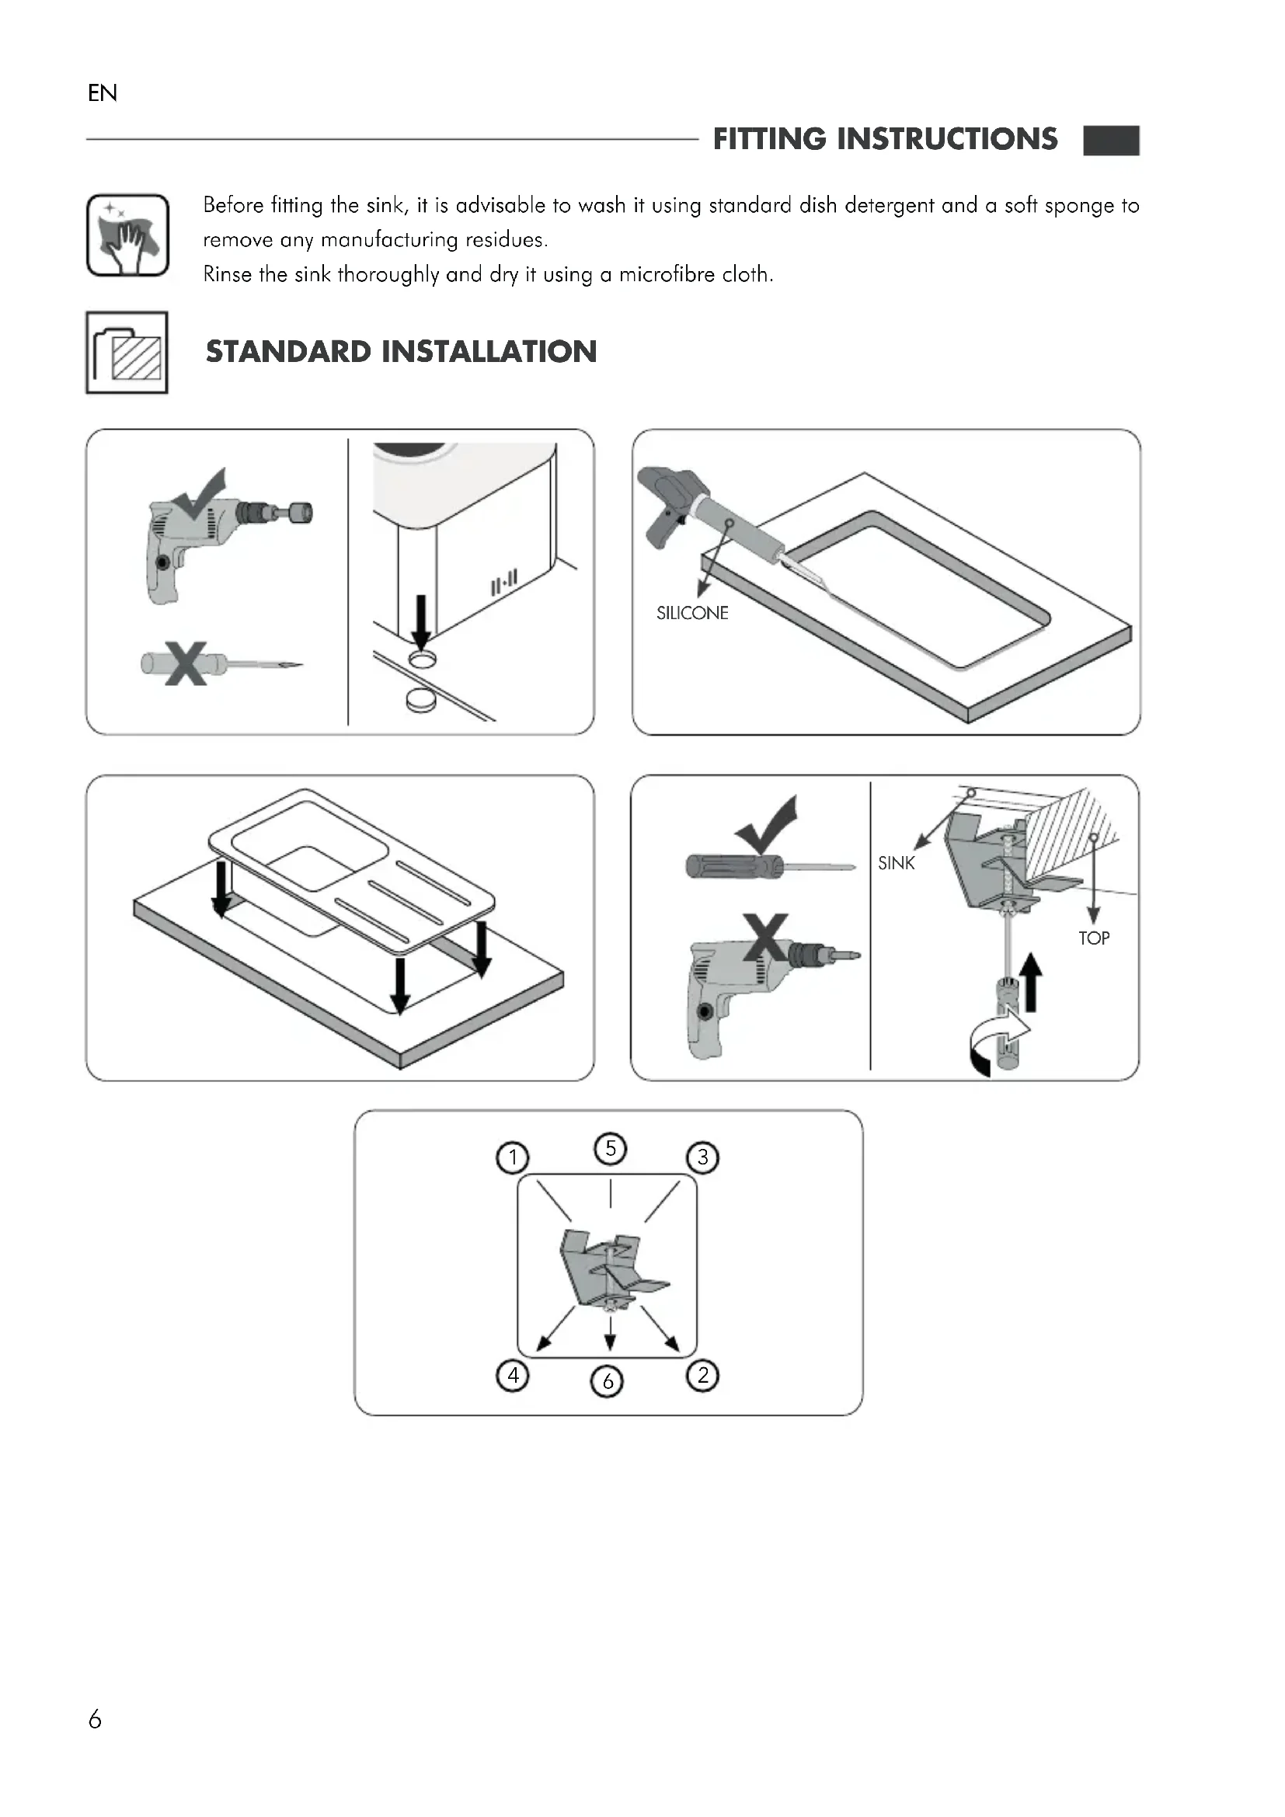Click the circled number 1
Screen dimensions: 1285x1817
pos(513,1157)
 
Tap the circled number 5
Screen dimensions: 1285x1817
pos(610,1148)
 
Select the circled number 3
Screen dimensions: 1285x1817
pos(702,1157)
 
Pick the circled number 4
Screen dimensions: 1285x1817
pos(513,1375)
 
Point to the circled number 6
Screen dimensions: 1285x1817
pos(608,1381)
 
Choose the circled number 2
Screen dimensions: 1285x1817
pos(702,1375)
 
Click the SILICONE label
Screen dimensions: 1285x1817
pos(692,614)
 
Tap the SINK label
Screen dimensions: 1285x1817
pos(896,863)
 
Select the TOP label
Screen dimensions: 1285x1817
pos(1094,938)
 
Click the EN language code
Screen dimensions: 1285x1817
pos(103,93)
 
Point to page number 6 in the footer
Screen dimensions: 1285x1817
pos(95,1720)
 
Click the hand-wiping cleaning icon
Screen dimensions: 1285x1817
pos(127,235)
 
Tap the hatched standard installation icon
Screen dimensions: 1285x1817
pos(127,352)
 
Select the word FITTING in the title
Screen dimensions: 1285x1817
pos(769,139)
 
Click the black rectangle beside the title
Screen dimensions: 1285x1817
pos(1111,140)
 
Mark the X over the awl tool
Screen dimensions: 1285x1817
pos(186,663)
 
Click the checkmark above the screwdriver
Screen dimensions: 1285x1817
pos(766,825)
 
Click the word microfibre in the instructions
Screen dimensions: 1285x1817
pos(655,274)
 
